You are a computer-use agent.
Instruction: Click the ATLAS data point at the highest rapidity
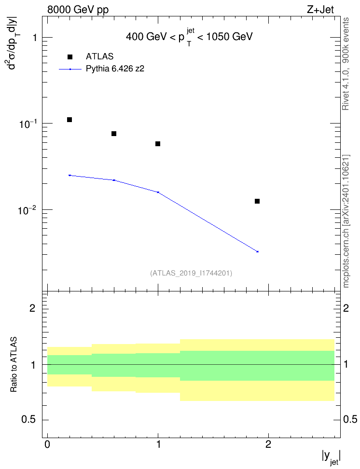point(257,201)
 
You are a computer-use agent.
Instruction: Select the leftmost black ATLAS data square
point(69,120)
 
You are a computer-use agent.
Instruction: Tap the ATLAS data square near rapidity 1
point(158,144)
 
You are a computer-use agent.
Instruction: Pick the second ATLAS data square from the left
point(114,134)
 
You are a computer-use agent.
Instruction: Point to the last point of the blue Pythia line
point(257,251)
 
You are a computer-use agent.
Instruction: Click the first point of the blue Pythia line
point(69,175)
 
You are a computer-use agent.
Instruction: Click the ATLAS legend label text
point(99,56)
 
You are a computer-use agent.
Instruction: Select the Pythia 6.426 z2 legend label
point(115,69)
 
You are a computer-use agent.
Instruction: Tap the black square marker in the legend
point(70,57)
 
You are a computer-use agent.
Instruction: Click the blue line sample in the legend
point(70,69)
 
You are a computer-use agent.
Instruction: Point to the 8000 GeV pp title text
point(78,10)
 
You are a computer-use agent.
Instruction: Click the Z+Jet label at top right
point(320,10)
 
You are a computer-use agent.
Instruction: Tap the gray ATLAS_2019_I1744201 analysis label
point(191,273)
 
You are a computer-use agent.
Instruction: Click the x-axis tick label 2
point(268,444)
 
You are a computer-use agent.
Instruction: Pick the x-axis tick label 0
point(47,444)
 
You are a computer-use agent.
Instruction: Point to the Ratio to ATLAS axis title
point(14,365)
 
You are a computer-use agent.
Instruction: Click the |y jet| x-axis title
point(331,457)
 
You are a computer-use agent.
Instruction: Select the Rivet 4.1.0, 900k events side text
point(346,64)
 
